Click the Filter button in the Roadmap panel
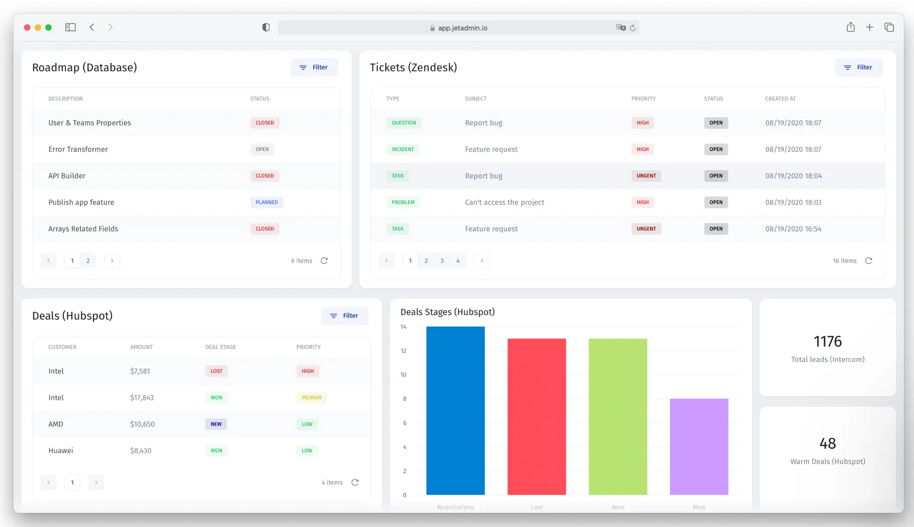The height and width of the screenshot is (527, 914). pos(314,68)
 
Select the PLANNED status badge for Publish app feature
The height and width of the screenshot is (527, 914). pos(267,202)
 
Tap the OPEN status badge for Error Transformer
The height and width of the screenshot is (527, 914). pos(262,149)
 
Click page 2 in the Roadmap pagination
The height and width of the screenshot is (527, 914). pos(88,261)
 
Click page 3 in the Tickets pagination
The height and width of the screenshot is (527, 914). pos(442,261)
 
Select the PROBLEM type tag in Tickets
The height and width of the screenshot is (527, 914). pos(403,202)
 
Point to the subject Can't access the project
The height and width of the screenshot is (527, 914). pos(504,202)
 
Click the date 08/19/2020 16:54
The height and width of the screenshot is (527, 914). pos(793,229)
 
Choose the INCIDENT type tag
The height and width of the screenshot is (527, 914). pos(403,149)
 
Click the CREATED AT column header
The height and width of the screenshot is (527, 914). pos(780,99)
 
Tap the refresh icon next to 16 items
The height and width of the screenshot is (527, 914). pos(868,261)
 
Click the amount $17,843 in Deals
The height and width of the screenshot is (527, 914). pos(142,397)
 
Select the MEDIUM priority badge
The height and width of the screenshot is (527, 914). pos(311,397)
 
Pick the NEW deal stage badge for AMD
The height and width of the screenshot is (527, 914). pos(216,424)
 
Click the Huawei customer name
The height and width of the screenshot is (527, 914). pos(61,450)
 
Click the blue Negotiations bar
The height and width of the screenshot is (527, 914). pos(455,411)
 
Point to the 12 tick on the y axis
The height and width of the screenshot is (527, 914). pos(403,351)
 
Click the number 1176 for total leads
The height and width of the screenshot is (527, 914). pos(827,341)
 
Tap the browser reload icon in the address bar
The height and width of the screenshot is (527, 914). pos(632,28)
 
